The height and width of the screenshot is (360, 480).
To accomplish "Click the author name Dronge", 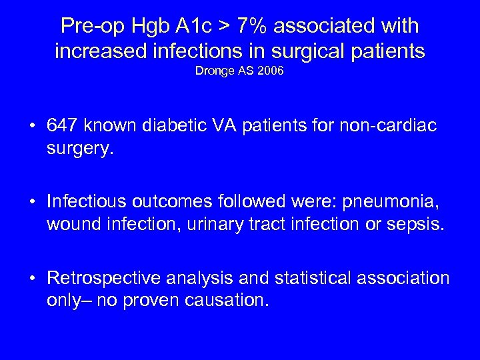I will (213, 70).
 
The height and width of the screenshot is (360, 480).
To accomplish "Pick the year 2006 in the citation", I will (271, 70).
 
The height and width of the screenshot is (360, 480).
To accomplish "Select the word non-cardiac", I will (386, 127).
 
